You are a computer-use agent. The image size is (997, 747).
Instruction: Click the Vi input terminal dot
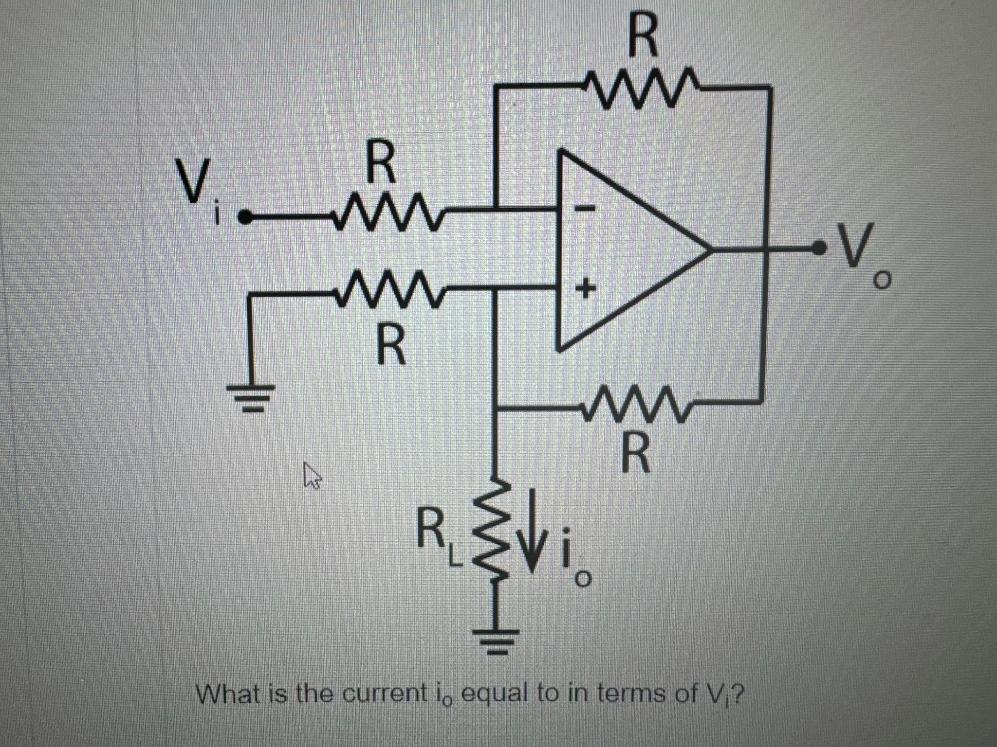point(246,217)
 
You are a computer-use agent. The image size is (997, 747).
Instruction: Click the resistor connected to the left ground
point(388,291)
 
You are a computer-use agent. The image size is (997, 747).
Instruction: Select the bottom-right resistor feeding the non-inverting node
point(638,403)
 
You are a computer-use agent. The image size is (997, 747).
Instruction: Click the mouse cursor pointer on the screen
point(311,475)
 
